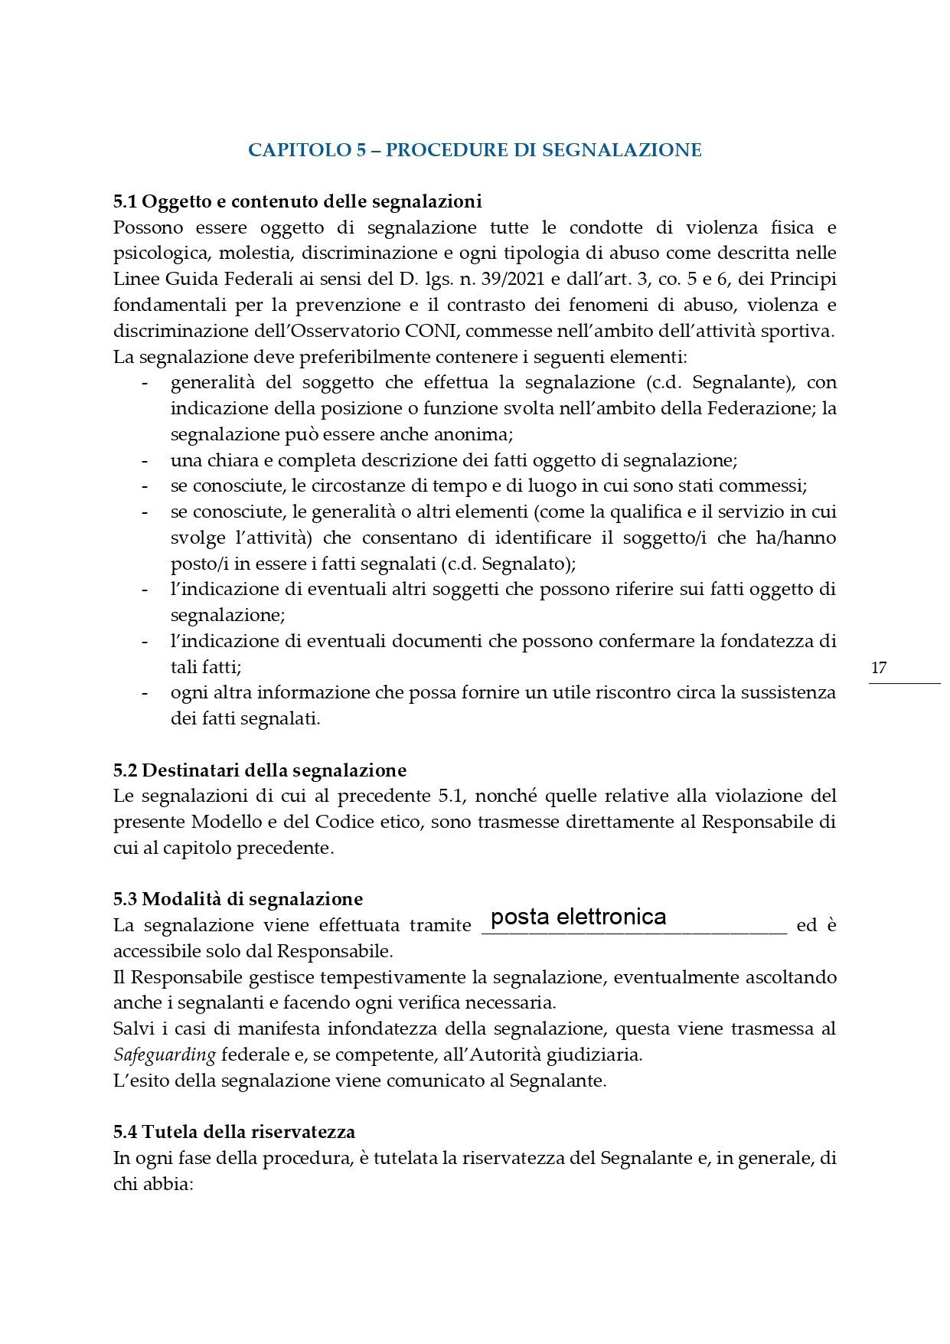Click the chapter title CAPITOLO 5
tap(475, 149)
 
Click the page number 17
tap(879, 667)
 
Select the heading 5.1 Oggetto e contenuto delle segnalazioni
tap(298, 202)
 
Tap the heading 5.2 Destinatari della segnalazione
tap(260, 770)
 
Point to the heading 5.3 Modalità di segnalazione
tap(238, 898)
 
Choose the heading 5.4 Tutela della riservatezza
tap(234, 1131)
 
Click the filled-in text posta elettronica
tap(578, 917)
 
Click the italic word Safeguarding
tap(164, 1055)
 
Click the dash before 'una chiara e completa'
tap(144, 460)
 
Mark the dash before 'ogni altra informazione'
tap(144, 692)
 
